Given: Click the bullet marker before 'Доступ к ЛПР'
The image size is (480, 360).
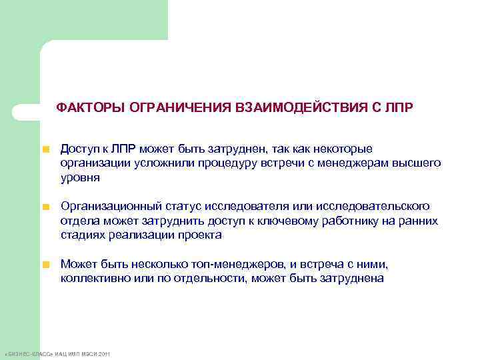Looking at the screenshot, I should (46, 149).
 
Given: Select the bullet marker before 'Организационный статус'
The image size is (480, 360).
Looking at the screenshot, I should (46, 207).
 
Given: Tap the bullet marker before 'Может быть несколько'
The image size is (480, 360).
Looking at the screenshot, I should (46, 265).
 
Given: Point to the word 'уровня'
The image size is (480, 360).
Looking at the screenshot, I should (80, 177).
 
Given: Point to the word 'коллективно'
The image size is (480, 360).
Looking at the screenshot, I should (92, 279).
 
